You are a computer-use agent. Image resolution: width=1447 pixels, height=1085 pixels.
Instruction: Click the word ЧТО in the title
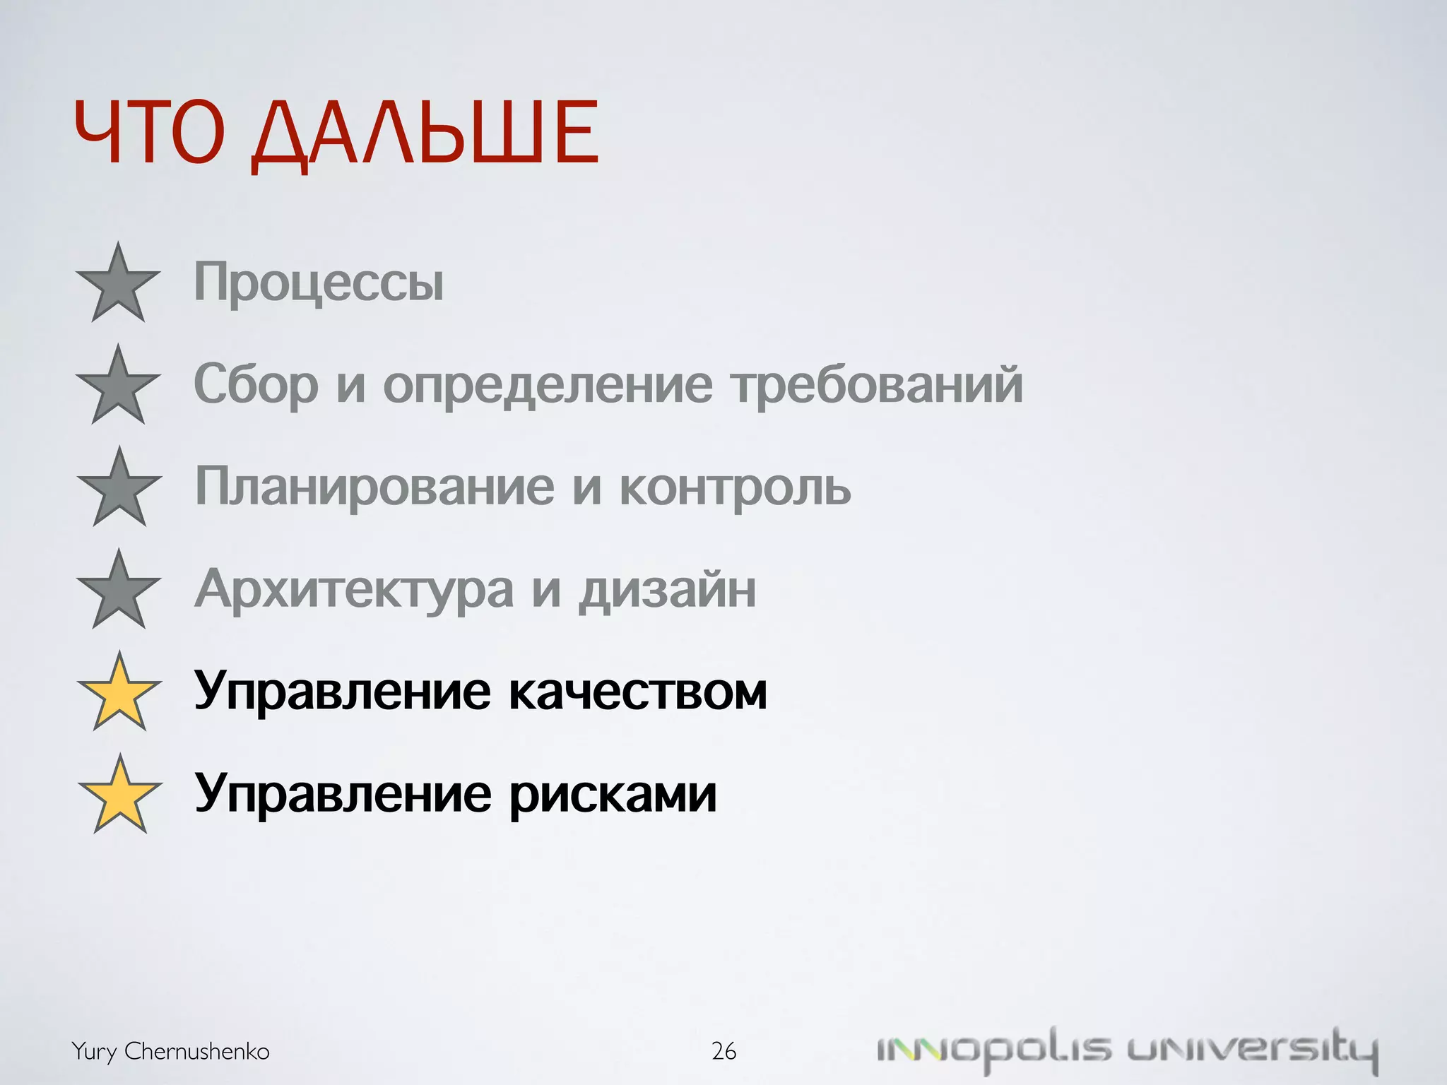[x=149, y=132]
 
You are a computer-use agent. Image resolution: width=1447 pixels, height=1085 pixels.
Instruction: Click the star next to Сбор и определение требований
[x=119, y=387]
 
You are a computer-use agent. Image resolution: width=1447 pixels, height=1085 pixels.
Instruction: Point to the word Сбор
[x=256, y=385]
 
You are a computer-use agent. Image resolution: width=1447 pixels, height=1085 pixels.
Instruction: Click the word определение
[x=548, y=385]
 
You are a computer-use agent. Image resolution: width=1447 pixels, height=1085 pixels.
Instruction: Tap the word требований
[x=877, y=385]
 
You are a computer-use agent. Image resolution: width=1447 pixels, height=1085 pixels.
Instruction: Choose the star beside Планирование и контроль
[x=119, y=489]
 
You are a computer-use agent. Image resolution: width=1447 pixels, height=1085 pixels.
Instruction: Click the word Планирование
[x=374, y=487]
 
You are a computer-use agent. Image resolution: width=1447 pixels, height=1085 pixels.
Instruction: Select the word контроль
[x=735, y=487]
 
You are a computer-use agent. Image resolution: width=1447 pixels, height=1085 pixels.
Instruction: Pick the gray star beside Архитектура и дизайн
[x=119, y=591]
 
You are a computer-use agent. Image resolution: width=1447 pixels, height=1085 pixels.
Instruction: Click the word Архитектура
[x=354, y=589]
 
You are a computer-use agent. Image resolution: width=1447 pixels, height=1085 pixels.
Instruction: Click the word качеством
[x=638, y=691]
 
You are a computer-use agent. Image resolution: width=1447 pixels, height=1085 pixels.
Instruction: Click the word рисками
[x=613, y=794]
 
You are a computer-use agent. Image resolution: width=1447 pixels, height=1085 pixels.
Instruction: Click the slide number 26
[x=723, y=1051]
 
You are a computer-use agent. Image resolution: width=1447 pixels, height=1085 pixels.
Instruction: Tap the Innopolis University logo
[x=1127, y=1050]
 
